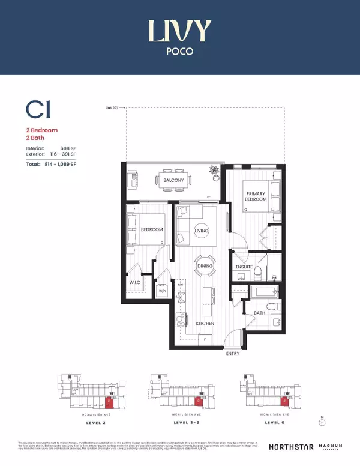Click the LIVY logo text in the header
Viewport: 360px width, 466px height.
(179, 29)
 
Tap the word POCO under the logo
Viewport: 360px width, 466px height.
(179, 52)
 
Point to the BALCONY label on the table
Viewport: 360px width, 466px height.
(173, 179)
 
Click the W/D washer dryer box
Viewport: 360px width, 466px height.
(162, 291)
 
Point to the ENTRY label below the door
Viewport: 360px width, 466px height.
(232, 354)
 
